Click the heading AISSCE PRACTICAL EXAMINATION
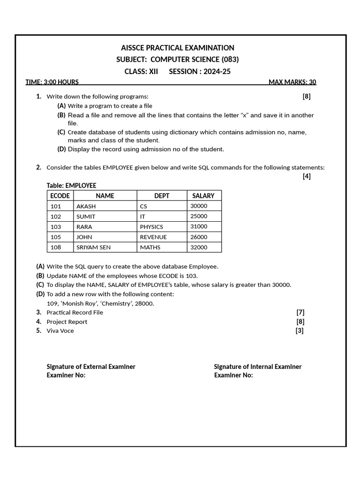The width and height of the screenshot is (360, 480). [x=178, y=48]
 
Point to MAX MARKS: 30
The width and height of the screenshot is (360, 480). [x=292, y=82]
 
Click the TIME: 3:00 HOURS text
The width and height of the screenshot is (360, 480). [x=52, y=82]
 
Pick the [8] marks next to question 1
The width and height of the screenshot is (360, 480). [x=306, y=97]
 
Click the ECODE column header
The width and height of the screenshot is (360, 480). [x=60, y=195]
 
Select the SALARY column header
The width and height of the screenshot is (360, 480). [x=203, y=195]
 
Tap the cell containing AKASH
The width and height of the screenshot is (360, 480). [x=86, y=206]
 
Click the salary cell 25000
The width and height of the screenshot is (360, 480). [x=199, y=216]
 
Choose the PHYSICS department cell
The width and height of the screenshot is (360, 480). [x=151, y=227]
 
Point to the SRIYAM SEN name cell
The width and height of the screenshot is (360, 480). [x=93, y=247]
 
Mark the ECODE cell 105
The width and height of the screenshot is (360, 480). [x=56, y=237]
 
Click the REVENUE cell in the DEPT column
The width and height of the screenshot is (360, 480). [x=153, y=237]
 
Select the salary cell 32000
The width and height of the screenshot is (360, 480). [x=199, y=247]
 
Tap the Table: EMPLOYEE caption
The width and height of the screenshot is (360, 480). [x=71, y=186]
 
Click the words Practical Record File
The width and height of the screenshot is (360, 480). [x=75, y=313]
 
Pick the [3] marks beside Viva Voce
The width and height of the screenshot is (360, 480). [x=299, y=331]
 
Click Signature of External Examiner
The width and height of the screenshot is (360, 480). [x=91, y=367]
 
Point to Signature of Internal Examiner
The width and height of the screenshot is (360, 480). [x=258, y=367]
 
